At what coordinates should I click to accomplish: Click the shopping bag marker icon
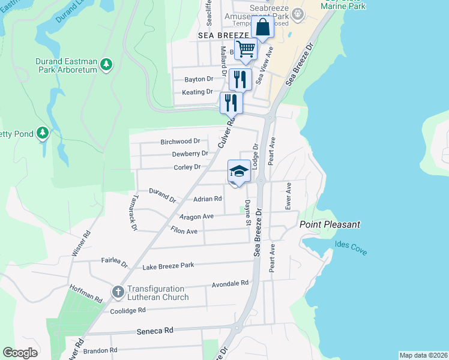[x=262, y=28]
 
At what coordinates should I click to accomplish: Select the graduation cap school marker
[x=238, y=172]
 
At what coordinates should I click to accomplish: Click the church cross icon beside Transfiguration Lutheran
[x=118, y=292]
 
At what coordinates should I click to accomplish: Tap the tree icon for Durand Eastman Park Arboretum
[x=106, y=64]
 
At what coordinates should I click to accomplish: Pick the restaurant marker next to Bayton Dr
[x=240, y=79]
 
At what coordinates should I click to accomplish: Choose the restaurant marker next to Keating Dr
[x=231, y=102]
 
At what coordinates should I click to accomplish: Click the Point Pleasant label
[x=330, y=224]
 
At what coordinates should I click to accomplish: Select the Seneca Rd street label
[x=155, y=331]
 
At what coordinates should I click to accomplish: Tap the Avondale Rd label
[x=230, y=283]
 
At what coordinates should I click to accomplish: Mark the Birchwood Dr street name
[x=180, y=142]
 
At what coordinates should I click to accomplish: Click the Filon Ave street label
[x=184, y=231]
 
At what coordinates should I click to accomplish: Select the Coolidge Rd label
[x=128, y=310]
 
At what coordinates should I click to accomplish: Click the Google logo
[x=20, y=353]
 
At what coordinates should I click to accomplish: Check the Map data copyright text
[x=423, y=355]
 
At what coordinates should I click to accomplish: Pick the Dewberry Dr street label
[x=190, y=154]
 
